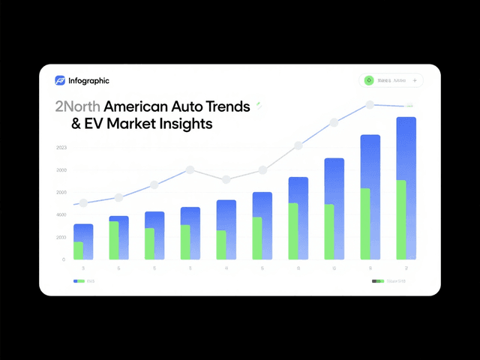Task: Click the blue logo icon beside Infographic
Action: (x=61, y=80)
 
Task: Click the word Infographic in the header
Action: (x=88, y=80)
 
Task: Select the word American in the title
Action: (x=138, y=106)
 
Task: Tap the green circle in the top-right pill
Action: (x=368, y=80)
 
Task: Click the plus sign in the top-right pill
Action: (x=415, y=80)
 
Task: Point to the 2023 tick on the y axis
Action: (x=61, y=148)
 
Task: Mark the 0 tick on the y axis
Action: (x=64, y=259)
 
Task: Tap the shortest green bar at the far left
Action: (x=79, y=250)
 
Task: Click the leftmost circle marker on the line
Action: (x=83, y=203)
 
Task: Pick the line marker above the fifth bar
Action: (x=226, y=179)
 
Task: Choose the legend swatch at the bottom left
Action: (x=79, y=281)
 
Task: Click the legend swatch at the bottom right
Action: (x=378, y=281)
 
